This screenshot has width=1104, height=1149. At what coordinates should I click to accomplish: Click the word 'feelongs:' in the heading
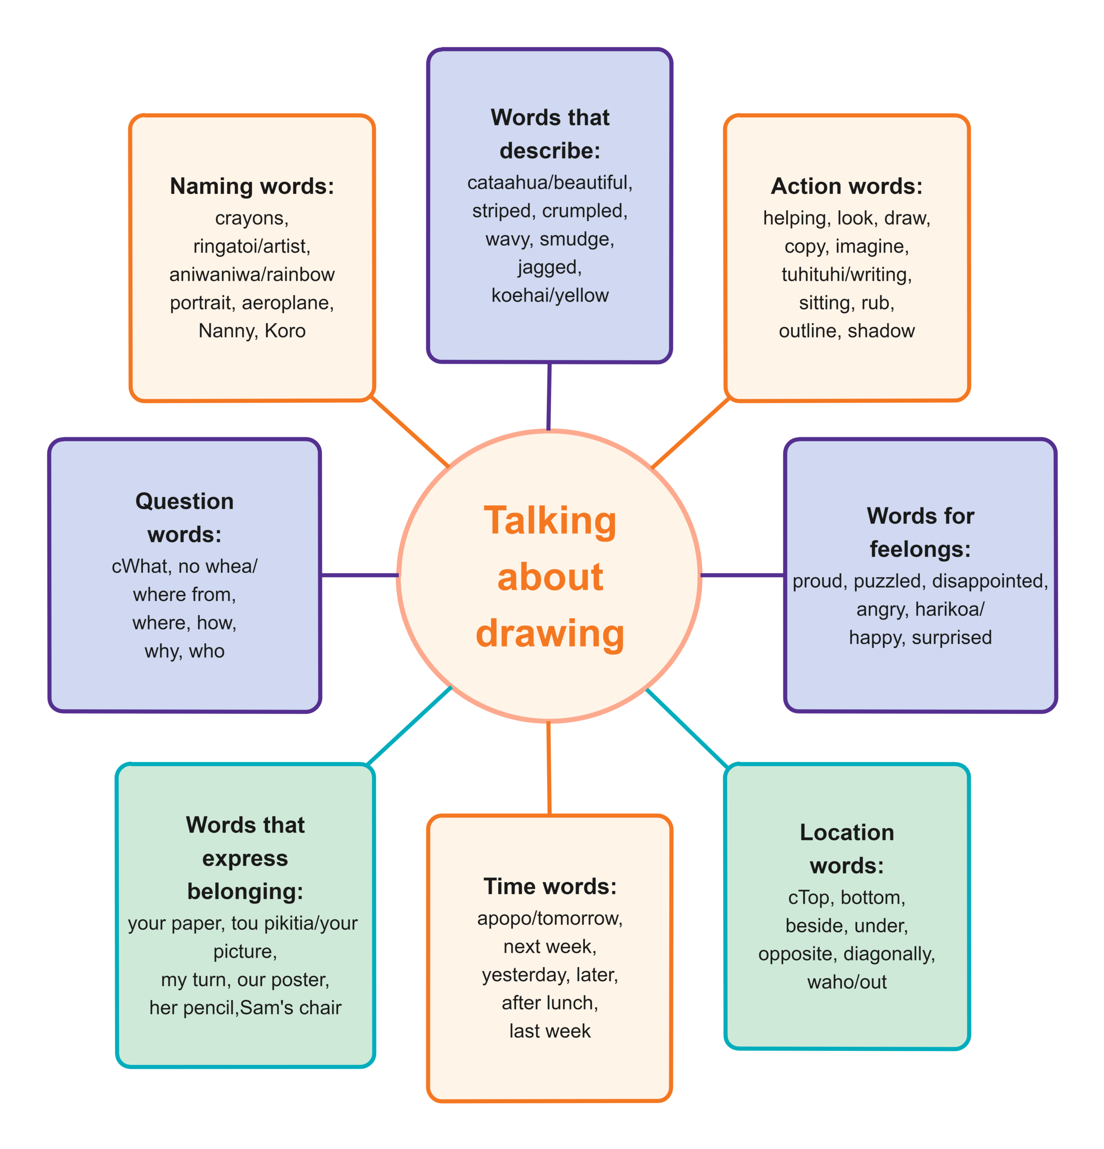click(920, 549)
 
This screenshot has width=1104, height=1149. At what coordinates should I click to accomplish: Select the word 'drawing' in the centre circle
click(550, 633)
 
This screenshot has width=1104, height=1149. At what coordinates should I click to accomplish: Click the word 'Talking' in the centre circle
click(550, 521)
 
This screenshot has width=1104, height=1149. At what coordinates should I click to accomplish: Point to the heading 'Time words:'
click(550, 886)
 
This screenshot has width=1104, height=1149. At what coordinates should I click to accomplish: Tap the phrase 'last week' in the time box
click(550, 1031)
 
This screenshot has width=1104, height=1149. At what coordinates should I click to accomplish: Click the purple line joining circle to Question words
click(360, 575)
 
